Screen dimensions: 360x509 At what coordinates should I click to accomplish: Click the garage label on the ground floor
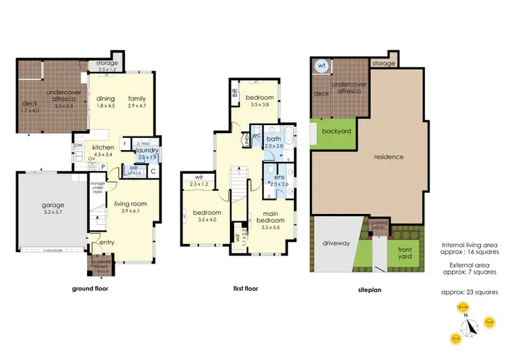(x=53, y=204)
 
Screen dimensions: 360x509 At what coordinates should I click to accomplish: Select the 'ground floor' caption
(x=90, y=288)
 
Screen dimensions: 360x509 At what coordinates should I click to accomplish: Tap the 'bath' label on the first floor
(x=274, y=139)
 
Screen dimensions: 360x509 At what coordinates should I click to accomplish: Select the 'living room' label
(x=130, y=204)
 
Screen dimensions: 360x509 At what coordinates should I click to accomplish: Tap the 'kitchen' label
(x=103, y=147)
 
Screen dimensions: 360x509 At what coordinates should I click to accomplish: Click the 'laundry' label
(x=147, y=150)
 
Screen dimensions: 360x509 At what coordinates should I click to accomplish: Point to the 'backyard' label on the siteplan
(x=336, y=130)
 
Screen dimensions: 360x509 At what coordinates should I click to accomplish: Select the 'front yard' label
(x=404, y=253)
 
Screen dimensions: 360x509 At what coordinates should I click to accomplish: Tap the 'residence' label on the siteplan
(x=390, y=157)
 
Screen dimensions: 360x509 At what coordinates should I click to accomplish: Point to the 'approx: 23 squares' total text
(x=470, y=292)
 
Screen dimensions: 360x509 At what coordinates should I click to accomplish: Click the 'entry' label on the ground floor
(x=107, y=242)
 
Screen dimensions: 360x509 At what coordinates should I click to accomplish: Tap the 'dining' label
(x=105, y=98)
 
